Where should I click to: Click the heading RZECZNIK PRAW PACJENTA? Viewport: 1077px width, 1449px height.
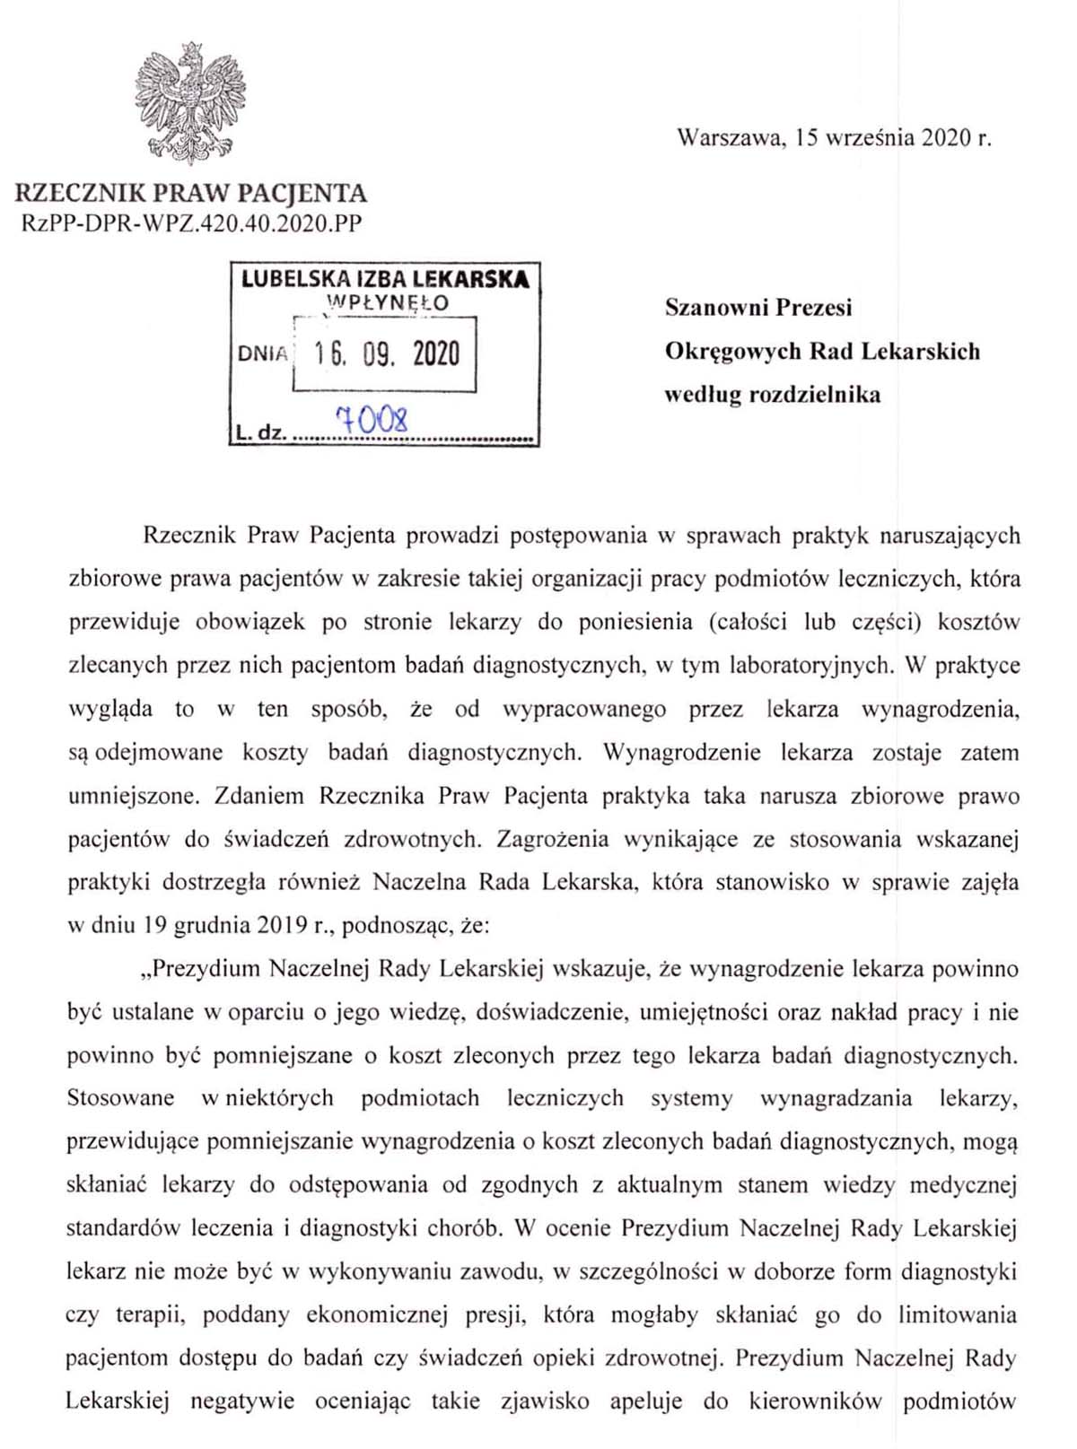191,193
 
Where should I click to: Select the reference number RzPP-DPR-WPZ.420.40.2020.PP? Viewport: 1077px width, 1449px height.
191,223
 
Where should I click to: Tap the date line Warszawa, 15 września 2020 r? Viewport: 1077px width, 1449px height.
834,137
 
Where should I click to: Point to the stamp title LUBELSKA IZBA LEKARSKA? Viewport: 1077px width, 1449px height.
385,279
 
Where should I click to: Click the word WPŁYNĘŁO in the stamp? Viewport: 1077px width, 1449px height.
387,303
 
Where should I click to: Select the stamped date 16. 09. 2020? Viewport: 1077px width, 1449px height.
387,354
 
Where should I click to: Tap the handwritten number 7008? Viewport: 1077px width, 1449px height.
372,419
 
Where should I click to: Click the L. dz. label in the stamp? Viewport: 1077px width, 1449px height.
260,433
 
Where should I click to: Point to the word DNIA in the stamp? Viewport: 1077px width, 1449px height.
262,354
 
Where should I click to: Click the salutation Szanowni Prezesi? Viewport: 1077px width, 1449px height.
758,308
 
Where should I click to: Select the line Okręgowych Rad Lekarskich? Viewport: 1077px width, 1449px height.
822,351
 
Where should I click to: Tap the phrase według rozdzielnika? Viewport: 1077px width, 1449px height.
773,395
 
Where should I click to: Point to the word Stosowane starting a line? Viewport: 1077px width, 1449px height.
120,1098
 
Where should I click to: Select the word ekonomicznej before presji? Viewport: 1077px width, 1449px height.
377,1315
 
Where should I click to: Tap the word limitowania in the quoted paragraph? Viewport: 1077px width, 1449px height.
958,1315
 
